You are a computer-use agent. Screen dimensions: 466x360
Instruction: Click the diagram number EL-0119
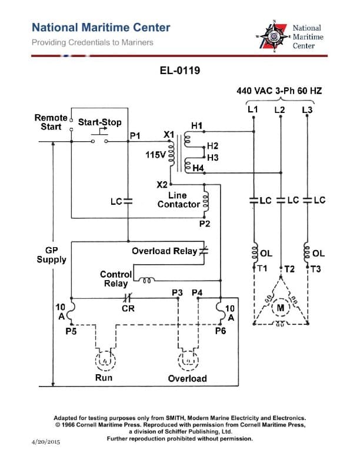coord(180,71)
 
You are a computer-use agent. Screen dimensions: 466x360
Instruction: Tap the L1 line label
coord(252,109)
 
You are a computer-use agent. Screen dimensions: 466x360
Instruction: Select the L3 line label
coord(307,110)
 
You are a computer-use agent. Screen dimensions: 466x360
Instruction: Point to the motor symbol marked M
coord(281,307)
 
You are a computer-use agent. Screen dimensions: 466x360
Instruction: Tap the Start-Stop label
coord(100,122)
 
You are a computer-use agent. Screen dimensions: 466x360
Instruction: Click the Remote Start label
coord(51,122)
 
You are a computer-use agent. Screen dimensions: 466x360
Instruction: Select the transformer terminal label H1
coord(197,126)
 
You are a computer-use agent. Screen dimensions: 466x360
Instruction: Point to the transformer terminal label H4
coord(198,169)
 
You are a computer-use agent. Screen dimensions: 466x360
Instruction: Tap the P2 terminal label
coord(205,224)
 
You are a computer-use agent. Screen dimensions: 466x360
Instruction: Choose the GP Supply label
coord(52,255)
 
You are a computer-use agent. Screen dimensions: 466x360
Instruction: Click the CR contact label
coord(128,308)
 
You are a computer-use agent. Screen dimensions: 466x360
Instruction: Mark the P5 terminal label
coord(70,331)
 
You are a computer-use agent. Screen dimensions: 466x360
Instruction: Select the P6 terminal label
coord(220,331)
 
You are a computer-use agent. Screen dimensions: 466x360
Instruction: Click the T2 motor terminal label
coord(289,269)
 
